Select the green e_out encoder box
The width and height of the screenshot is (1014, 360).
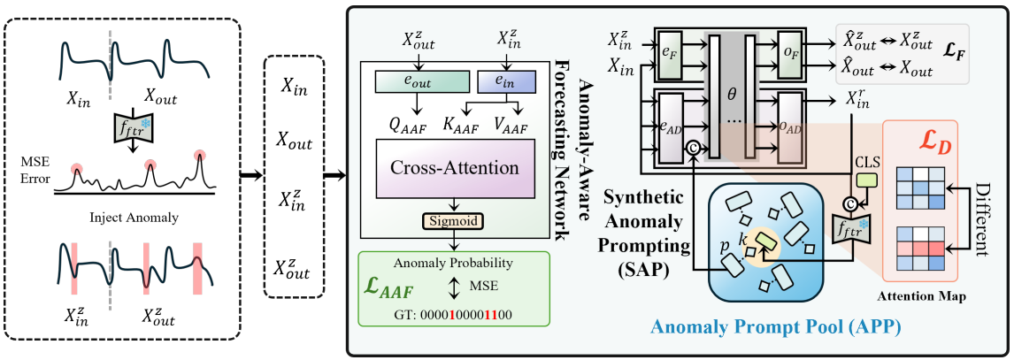[x=418, y=81]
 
